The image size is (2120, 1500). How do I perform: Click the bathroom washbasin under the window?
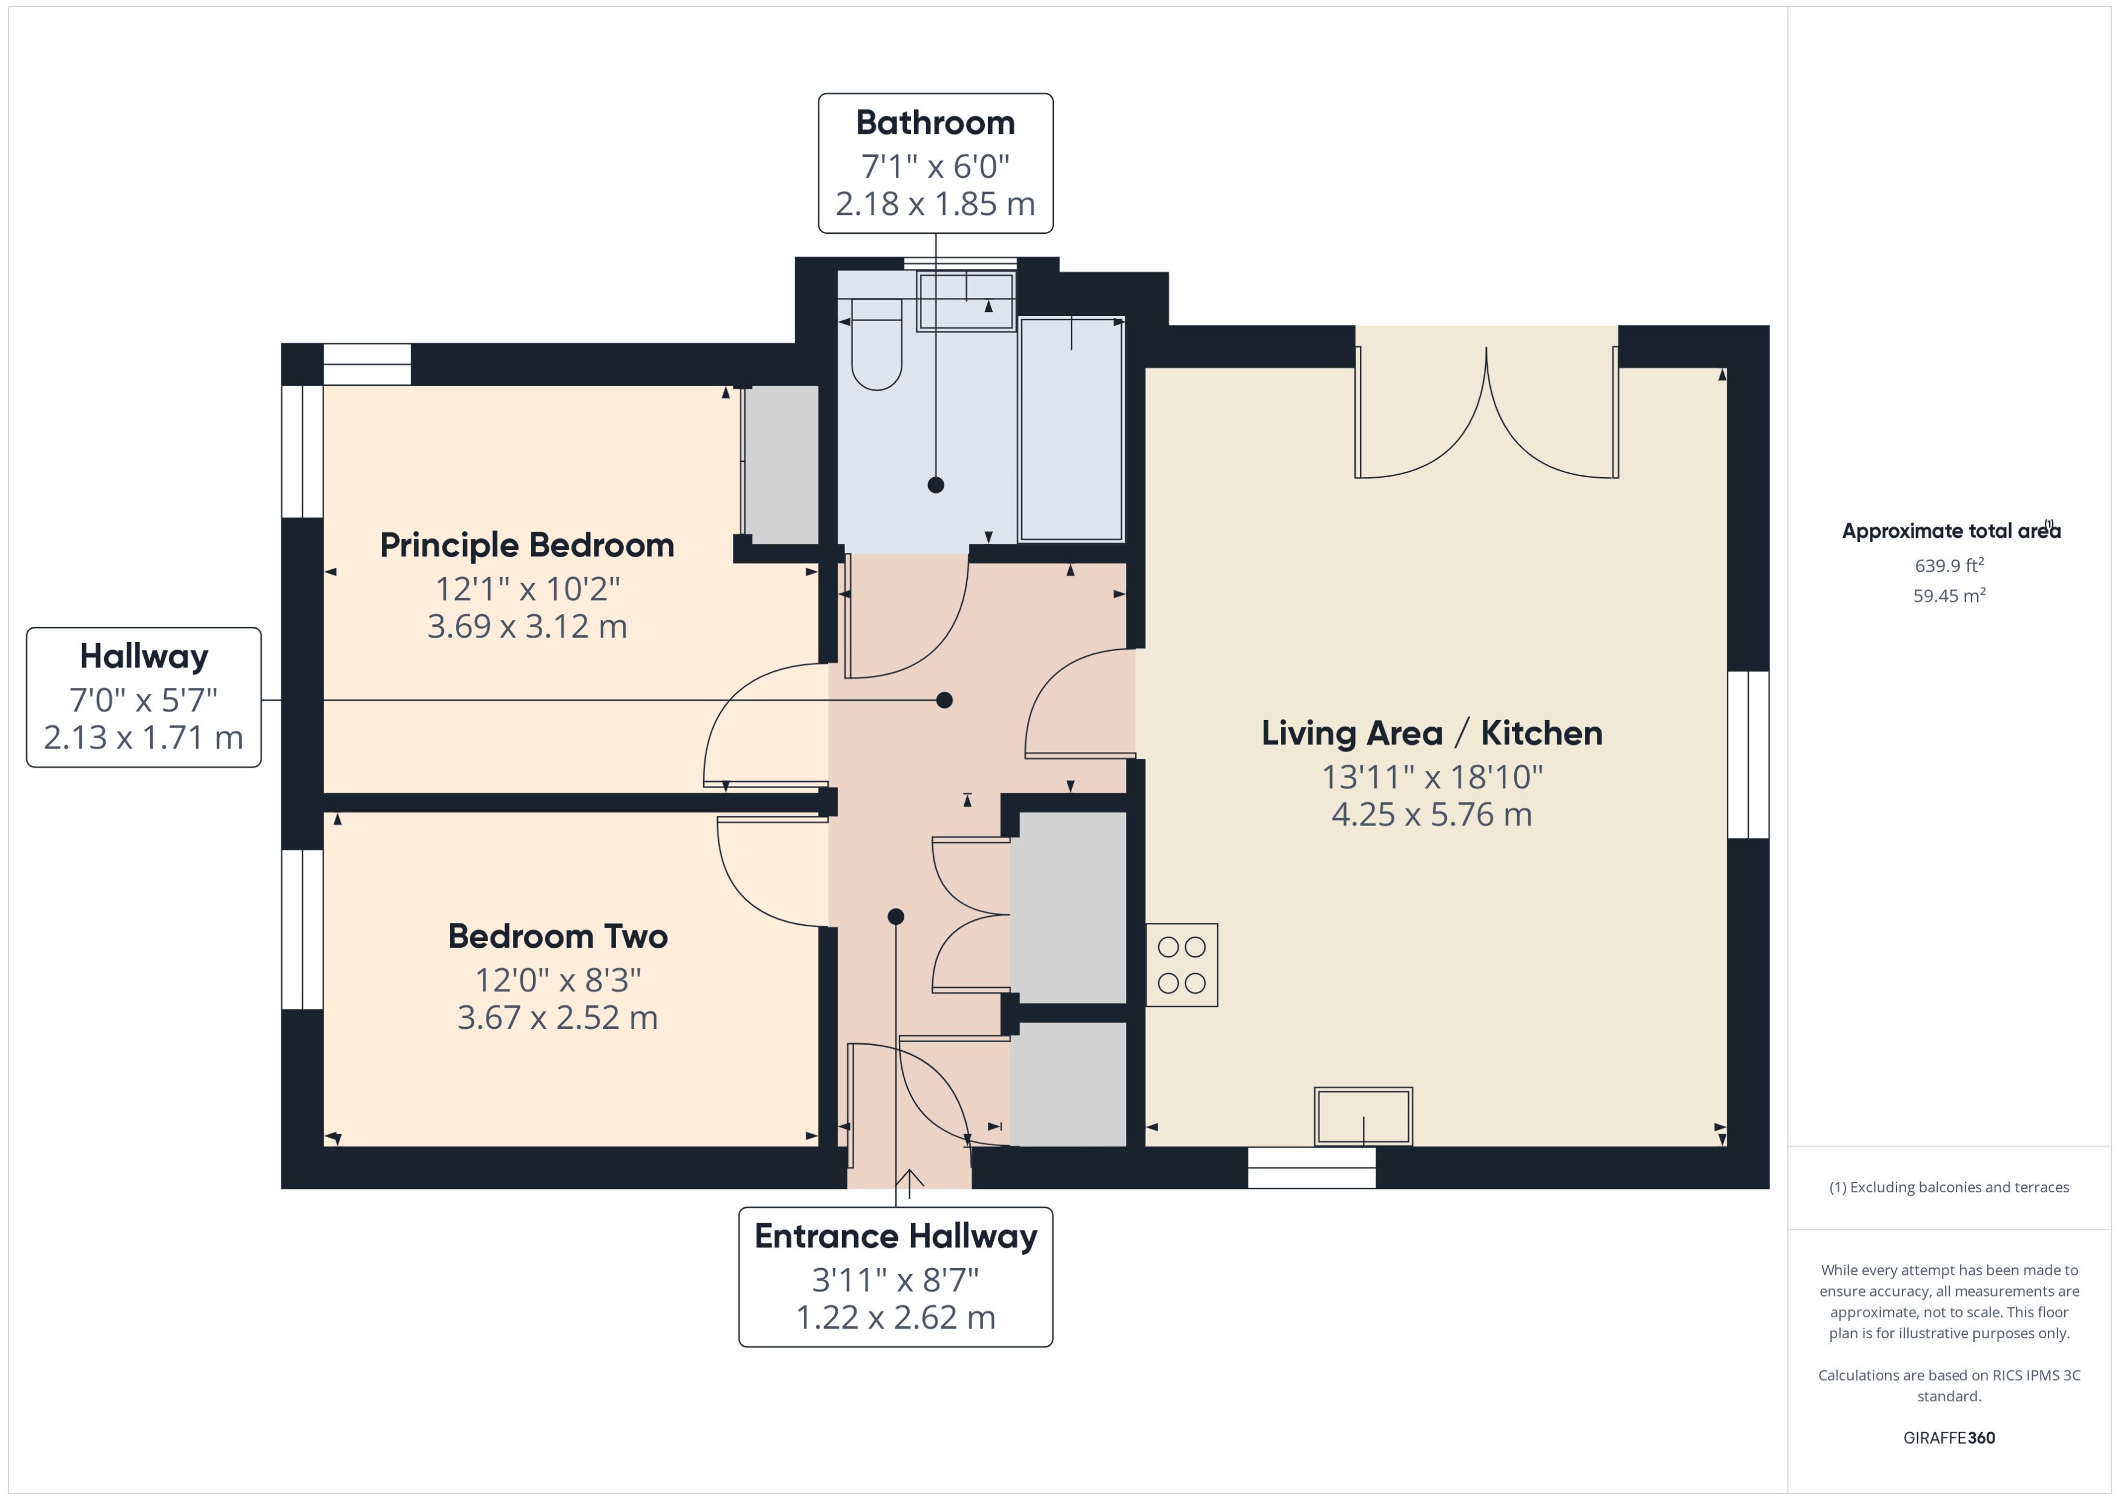pos(966,301)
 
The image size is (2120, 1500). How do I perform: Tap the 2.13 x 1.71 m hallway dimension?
pos(143,737)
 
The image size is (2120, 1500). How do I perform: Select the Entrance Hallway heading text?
pos(895,1236)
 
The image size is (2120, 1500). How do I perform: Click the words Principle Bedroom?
pos(526,545)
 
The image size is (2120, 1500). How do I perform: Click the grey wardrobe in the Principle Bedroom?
pos(781,464)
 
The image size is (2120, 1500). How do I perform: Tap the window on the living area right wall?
pos(1747,755)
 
